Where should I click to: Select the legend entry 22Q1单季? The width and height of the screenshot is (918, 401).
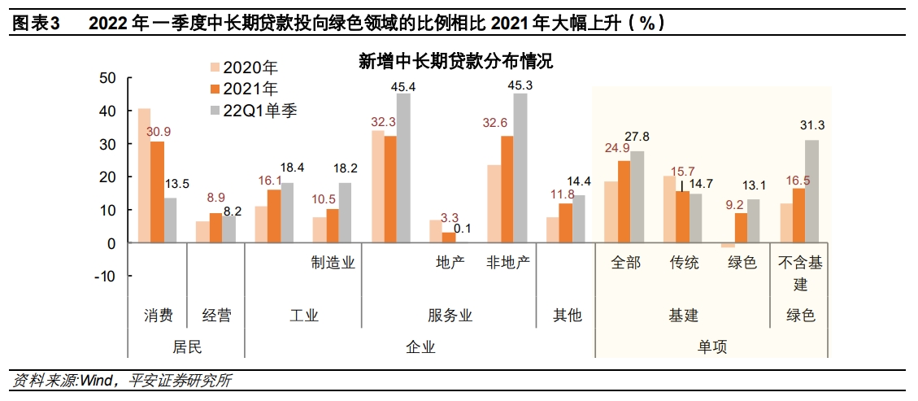coord(253,111)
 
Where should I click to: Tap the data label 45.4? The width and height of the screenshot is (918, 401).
coord(403,86)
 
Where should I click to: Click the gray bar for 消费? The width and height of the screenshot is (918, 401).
coord(170,220)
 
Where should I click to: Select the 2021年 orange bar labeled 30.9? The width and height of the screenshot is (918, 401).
coord(157,192)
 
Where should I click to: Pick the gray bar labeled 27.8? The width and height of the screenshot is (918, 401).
coord(637,197)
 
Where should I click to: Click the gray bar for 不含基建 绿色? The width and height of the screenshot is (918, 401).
coord(812,191)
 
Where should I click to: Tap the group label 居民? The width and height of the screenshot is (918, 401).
coord(187,347)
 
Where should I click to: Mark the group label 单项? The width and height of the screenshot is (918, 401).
coord(712,347)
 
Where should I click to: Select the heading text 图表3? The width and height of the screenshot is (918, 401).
coord(37,24)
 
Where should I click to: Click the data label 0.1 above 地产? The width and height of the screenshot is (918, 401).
coord(462,229)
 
